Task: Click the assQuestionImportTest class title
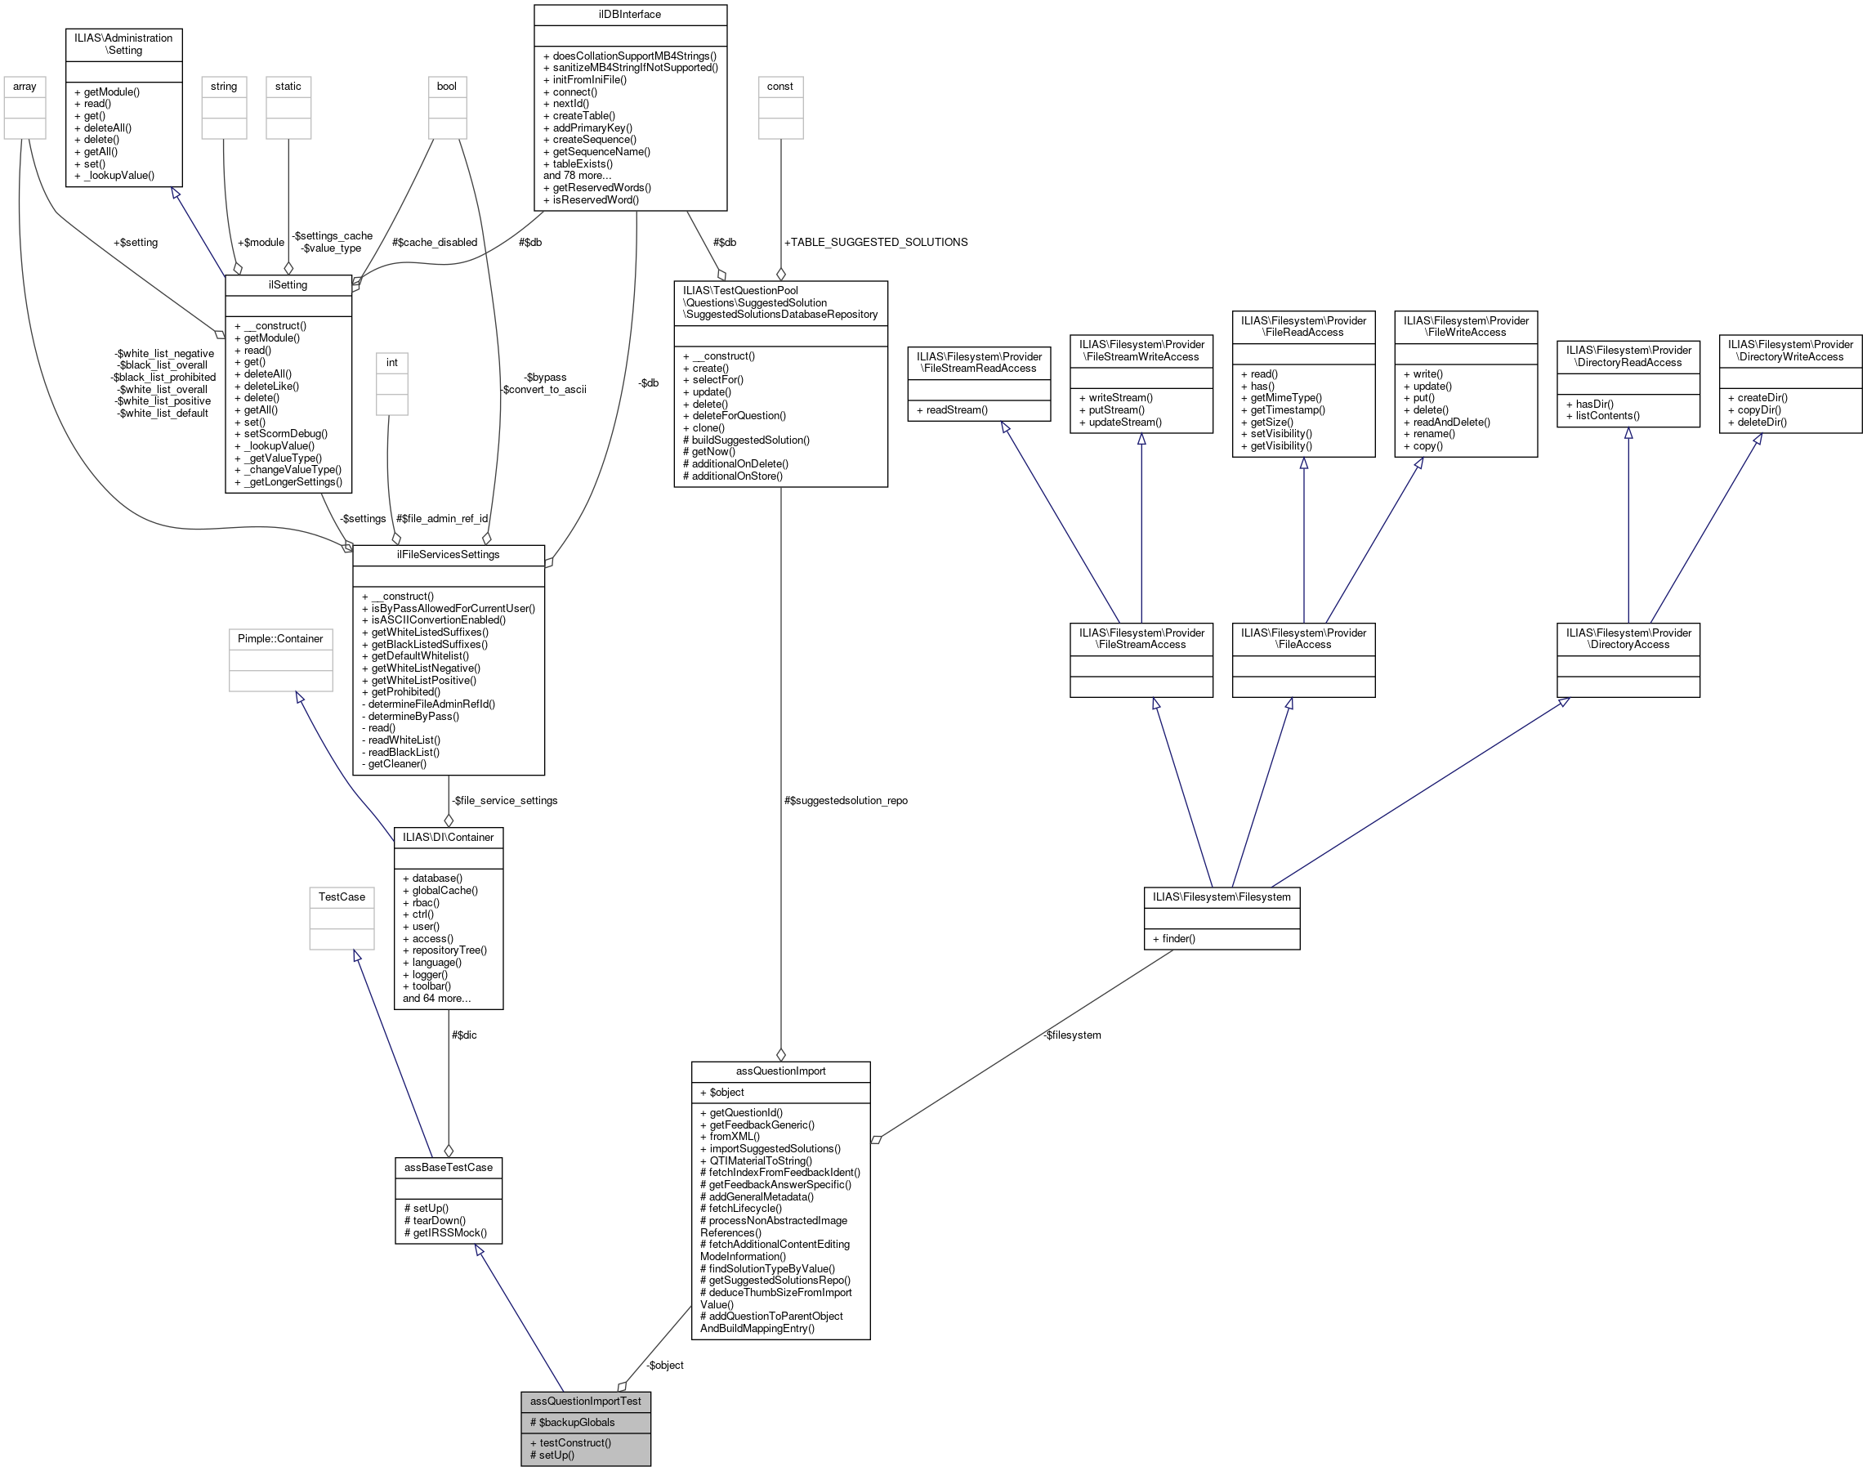click(x=585, y=1402)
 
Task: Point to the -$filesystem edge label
click(x=1071, y=1035)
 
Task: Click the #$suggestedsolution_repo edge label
click(x=845, y=801)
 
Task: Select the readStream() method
click(x=956, y=410)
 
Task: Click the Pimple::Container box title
click(x=280, y=639)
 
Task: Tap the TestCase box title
click(x=342, y=897)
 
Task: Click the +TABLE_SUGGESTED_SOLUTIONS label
click(x=875, y=242)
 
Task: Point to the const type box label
click(x=780, y=86)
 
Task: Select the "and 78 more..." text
click(x=577, y=176)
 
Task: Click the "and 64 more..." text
click(x=436, y=998)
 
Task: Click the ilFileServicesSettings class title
click(x=448, y=555)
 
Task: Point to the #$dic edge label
click(x=463, y=1035)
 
